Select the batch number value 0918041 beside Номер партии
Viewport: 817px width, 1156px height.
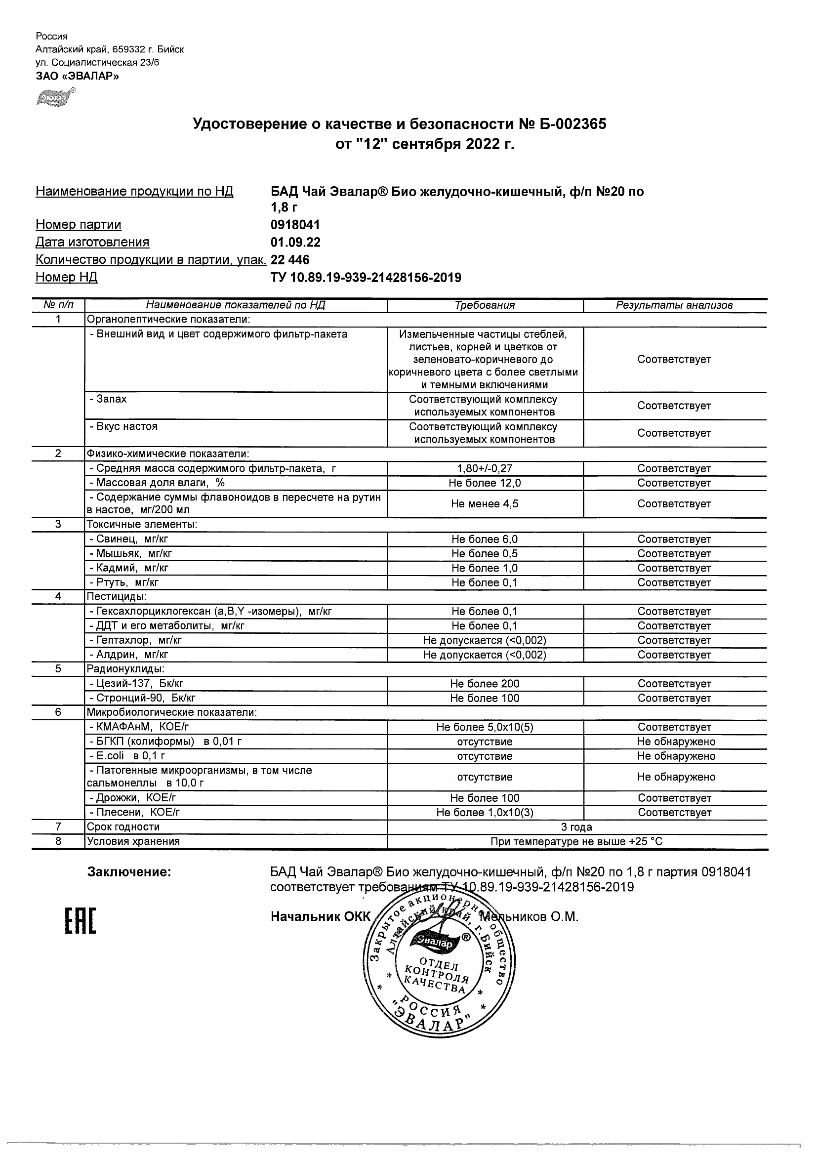(295, 225)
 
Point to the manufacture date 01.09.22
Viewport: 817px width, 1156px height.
(295, 242)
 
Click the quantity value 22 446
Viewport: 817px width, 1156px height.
(290, 260)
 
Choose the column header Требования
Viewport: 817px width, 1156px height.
(485, 305)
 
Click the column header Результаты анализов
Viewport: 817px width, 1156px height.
(674, 305)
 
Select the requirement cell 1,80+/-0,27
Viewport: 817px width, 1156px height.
(485, 469)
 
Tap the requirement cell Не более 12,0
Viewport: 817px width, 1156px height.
(485, 483)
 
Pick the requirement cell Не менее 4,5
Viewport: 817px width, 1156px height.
(485, 504)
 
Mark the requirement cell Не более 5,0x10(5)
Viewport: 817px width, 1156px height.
(485, 727)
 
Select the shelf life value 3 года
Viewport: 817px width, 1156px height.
(576, 826)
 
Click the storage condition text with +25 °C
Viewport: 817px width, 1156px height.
(576, 841)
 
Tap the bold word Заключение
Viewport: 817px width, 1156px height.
(129, 872)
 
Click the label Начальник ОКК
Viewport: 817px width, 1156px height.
(320, 917)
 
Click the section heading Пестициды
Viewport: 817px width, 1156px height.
(117, 597)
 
